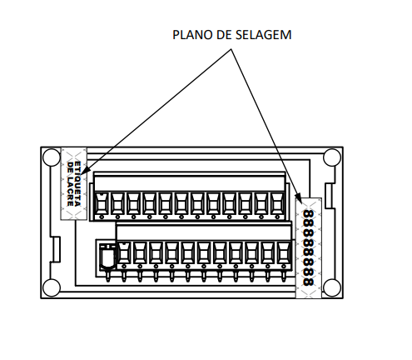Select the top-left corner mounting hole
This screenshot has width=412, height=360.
[52, 157]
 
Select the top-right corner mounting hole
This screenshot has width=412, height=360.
[332, 157]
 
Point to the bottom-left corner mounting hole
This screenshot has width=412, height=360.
[52, 287]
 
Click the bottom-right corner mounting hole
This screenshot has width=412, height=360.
[332, 287]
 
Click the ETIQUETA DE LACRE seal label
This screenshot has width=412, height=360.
[74, 183]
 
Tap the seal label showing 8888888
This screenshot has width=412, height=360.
[309, 248]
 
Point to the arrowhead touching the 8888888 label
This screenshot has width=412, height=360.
[298, 197]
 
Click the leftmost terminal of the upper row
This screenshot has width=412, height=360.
[102, 205]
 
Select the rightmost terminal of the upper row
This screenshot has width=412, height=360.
[277, 205]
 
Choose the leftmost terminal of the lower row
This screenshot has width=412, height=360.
[124, 255]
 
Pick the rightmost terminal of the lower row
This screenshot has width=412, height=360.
[284, 255]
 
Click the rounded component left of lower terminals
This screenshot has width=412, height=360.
[107, 257]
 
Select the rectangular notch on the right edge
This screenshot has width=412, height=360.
[330, 195]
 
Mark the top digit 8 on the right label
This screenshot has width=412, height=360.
[309, 214]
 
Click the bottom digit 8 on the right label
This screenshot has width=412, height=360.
[309, 282]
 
